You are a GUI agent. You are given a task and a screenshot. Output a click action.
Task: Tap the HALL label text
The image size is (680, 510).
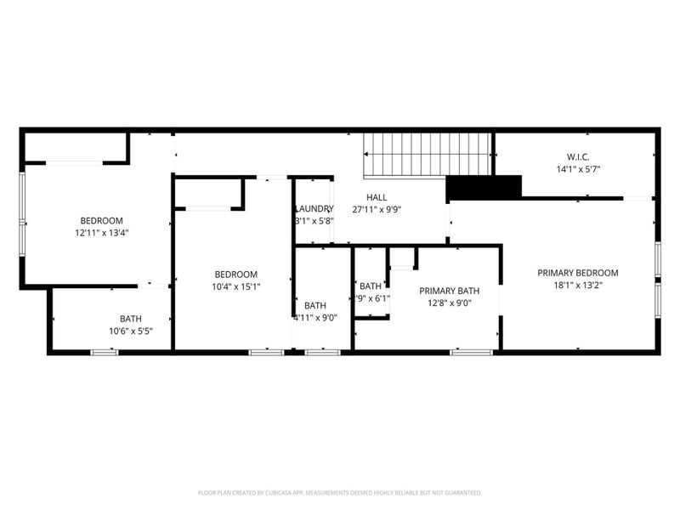click(x=377, y=197)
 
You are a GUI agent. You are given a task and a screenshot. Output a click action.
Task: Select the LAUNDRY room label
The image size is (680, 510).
click(x=314, y=208)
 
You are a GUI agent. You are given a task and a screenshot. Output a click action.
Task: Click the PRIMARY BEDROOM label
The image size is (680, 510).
click(x=577, y=273)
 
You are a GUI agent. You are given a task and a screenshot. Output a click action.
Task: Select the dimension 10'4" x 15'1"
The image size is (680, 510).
click(x=235, y=286)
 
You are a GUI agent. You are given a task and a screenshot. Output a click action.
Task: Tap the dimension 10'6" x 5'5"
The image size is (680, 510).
click(x=130, y=331)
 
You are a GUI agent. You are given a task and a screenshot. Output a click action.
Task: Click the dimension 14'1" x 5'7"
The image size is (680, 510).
click(x=578, y=168)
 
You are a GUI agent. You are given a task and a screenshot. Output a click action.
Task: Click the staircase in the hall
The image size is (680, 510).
click(x=428, y=155)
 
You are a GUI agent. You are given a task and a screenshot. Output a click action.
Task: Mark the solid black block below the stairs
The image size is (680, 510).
click(x=483, y=187)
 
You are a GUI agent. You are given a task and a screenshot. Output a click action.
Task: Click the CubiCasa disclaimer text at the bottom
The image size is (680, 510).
click(x=340, y=492)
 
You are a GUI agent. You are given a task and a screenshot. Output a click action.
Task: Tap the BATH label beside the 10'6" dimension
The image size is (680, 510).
click(x=130, y=319)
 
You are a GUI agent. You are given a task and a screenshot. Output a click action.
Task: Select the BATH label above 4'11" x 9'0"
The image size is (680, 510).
click(x=315, y=306)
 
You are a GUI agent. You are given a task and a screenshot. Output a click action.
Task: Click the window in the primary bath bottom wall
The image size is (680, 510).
click(x=464, y=351)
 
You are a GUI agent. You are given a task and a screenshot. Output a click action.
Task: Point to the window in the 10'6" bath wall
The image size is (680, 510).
click(x=104, y=351)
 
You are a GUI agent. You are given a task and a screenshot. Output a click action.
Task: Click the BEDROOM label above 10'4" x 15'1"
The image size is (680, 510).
click(x=235, y=274)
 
